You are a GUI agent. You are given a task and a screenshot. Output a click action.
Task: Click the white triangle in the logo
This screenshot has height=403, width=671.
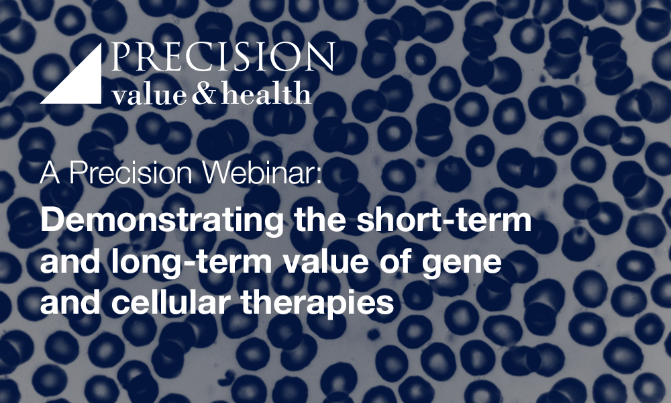pyautogui.click(x=81, y=83)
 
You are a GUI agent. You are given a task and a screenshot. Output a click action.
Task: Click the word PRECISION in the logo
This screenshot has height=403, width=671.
pyautogui.click(x=223, y=56)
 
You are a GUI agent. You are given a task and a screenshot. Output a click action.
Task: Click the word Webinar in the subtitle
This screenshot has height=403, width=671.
pyautogui.click(x=258, y=173)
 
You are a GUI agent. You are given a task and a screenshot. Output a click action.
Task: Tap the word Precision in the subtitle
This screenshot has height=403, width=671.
pyautogui.click(x=131, y=173)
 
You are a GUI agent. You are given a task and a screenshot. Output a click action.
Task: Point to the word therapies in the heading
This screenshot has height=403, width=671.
pyautogui.click(x=317, y=303)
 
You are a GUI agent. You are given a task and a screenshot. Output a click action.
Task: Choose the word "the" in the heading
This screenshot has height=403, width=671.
pyautogui.click(x=320, y=219)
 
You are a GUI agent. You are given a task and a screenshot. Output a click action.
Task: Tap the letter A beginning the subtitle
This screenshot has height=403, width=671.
pyautogui.click(x=50, y=173)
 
